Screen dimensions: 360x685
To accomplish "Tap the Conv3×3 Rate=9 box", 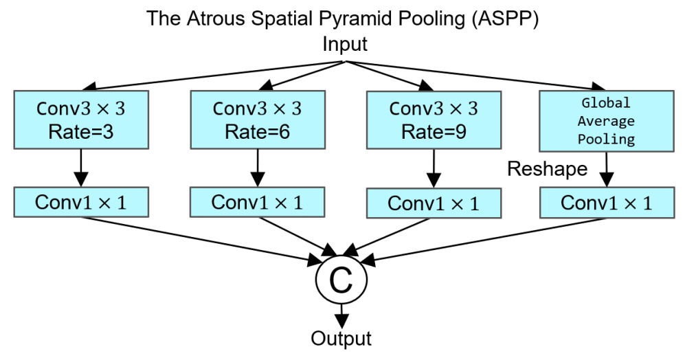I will click(x=433, y=120).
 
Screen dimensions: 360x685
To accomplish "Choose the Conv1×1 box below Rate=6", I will click(x=257, y=202).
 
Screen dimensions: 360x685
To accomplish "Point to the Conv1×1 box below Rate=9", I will click(x=433, y=203).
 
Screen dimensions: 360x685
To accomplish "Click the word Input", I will click(x=345, y=45).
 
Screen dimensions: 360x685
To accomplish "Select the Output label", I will click(x=341, y=339).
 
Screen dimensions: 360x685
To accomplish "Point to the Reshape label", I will click(x=548, y=169).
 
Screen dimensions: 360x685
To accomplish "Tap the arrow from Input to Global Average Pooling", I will click(x=474, y=76).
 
